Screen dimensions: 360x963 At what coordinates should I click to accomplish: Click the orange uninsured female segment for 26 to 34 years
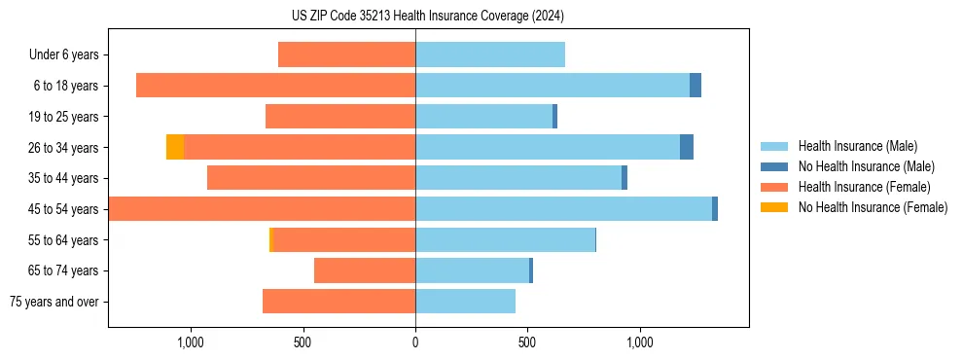tap(175, 147)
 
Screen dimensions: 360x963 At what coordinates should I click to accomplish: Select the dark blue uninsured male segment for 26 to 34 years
tap(687, 147)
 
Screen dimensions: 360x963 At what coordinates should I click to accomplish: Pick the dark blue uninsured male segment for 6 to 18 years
tap(695, 86)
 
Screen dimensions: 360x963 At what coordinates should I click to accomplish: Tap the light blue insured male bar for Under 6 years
tap(490, 54)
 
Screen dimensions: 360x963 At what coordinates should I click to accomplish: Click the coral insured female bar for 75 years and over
tap(339, 302)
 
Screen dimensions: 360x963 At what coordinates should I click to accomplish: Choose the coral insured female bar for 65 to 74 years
tap(365, 270)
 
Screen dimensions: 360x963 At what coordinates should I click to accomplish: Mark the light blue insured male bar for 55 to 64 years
tap(505, 239)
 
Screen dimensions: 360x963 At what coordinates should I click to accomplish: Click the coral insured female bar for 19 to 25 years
tap(340, 117)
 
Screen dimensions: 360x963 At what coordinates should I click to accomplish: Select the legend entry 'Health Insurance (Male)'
tap(857, 146)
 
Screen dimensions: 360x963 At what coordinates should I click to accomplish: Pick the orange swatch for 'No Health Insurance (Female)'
tap(775, 207)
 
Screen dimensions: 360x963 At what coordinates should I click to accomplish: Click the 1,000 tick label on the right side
tap(640, 342)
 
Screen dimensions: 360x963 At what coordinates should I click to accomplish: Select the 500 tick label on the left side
tap(303, 342)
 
